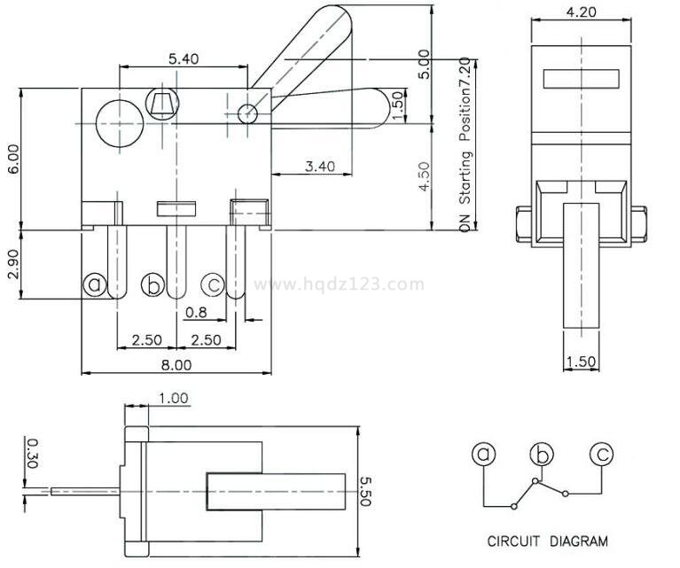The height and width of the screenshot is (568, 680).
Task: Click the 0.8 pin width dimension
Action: click(196, 312)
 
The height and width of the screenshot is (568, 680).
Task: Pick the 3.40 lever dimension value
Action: click(319, 166)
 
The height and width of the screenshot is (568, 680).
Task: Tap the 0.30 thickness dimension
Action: click(31, 451)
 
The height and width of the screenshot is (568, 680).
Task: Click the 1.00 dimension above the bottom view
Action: click(174, 399)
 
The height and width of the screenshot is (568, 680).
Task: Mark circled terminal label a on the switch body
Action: click(95, 284)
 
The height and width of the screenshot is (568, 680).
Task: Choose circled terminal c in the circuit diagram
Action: click(602, 455)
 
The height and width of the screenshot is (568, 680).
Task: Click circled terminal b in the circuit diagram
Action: click(542, 455)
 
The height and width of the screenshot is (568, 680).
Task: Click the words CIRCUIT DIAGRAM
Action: click(548, 541)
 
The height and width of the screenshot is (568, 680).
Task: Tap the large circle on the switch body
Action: click(117, 121)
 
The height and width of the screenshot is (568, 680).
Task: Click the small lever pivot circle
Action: click(248, 113)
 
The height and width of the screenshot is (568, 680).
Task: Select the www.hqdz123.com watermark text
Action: click(340, 284)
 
